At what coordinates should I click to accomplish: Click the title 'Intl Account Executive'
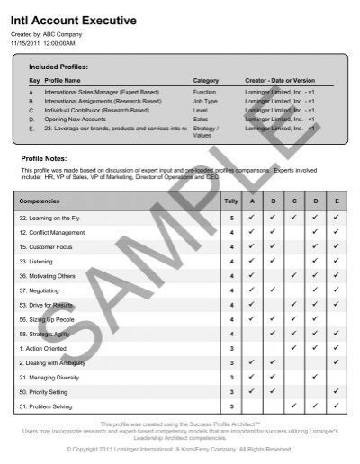(x=74, y=20)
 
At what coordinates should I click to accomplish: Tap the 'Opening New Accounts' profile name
(x=75, y=119)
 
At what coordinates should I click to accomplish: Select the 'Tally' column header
(x=231, y=202)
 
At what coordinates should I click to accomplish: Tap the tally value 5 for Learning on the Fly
(x=231, y=218)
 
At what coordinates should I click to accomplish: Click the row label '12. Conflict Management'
(x=53, y=232)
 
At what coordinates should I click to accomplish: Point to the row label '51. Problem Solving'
(x=49, y=406)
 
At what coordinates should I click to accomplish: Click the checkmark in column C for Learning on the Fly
(x=293, y=218)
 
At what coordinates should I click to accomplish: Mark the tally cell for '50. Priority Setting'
(x=231, y=391)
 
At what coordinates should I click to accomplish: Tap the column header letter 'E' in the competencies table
(x=336, y=202)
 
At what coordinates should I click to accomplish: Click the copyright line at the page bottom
(x=180, y=448)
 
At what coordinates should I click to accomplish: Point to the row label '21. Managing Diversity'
(x=51, y=377)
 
